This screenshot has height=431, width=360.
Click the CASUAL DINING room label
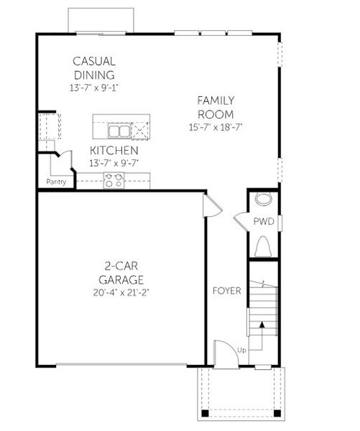[x=94, y=68]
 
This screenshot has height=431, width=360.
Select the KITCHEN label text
[x=114, y=150]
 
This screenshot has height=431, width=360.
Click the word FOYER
[x=226, y=290]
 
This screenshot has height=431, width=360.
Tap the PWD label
[x=263, y=222]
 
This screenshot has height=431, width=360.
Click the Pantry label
[x=57, y=182]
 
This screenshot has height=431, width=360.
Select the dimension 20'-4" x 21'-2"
[x=121, y=292]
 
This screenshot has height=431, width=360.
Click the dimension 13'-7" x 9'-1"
[x=94, y=88]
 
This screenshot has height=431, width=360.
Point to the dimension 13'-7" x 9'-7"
[x=114, y=163]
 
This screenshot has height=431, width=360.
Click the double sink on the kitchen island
[x=119, y=131]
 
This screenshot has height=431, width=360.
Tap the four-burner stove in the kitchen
[x=114, y=180]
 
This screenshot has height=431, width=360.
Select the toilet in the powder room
[x=263, y=246]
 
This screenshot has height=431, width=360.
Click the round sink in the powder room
[x=264, y=200]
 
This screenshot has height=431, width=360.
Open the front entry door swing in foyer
[x=226, y=352]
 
